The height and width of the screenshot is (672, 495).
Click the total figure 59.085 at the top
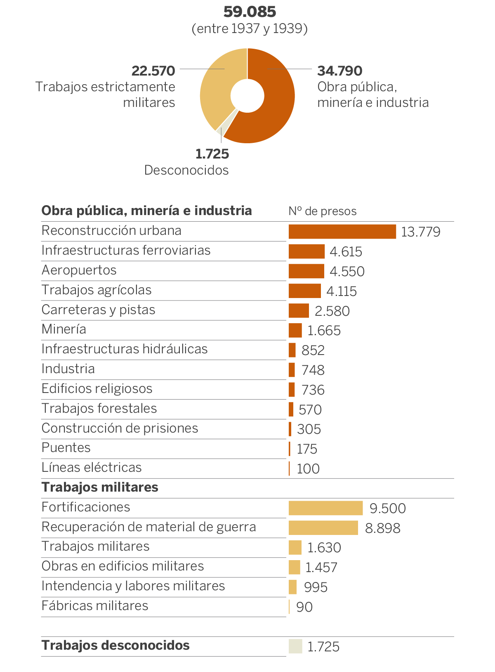[x=250, y=12]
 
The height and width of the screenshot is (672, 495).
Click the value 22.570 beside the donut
[x=153, y=71]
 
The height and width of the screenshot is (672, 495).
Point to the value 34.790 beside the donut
[x=340, y=71]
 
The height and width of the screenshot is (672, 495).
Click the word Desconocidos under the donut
[x=186, y=170]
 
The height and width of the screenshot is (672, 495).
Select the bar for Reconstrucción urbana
[x=342, y=232]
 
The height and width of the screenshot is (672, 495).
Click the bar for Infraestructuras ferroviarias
[x=306, y=251]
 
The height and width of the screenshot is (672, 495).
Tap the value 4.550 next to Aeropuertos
[x=347, y=272]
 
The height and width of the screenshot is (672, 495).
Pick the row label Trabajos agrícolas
[x=97, y=290]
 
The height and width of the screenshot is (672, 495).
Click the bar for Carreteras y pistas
[x=299, y=311]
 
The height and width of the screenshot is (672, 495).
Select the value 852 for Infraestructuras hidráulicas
[x=313, y=350]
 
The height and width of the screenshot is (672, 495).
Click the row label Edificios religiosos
[x=97, y=389]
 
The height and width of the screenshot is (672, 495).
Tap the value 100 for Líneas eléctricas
[x=308, y=469]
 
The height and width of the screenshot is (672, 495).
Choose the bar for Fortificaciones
[x=325, y=508]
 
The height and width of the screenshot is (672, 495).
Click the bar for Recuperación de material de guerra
[x=323, y=528]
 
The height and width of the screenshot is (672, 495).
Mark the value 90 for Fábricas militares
[x=304, y=607]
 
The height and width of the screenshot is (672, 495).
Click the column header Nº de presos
[x=322, y=211]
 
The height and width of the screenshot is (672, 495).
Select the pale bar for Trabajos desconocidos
[x=295, y=646]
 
